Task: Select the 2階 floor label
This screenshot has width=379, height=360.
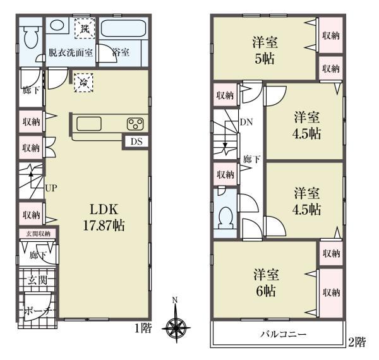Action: click(356, 343)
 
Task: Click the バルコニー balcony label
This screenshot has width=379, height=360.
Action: click(280, 333)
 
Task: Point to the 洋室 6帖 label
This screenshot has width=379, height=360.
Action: click(265, 282)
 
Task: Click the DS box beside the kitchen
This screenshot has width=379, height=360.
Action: click(136, 141)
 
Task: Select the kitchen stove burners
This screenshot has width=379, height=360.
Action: click(136, 124)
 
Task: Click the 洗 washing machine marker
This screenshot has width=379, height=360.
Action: click(83, 27)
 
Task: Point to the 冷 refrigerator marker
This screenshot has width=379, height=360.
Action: click(83, 81)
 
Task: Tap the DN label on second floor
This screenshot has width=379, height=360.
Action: click(246, 123)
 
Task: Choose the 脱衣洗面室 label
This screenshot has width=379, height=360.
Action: click(71, 53)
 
